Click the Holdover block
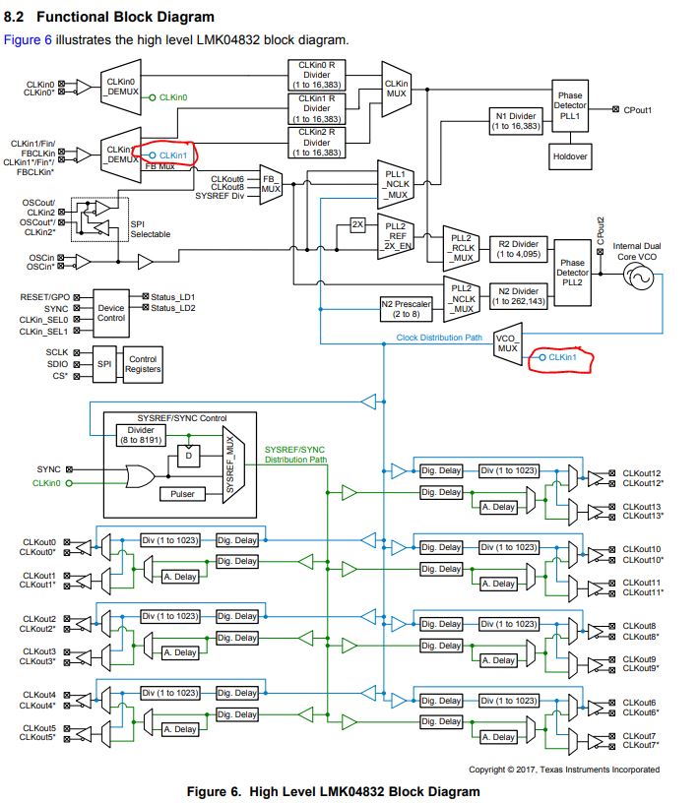tap(570, 154)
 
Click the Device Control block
tap(111, 308)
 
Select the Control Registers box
tap(143, 364)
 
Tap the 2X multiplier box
tap(357, 224)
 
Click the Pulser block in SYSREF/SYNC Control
tap(182, 493)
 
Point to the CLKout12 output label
tap(641, 473)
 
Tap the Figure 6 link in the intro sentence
tap(27, 39)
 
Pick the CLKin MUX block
tap(398, 90)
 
